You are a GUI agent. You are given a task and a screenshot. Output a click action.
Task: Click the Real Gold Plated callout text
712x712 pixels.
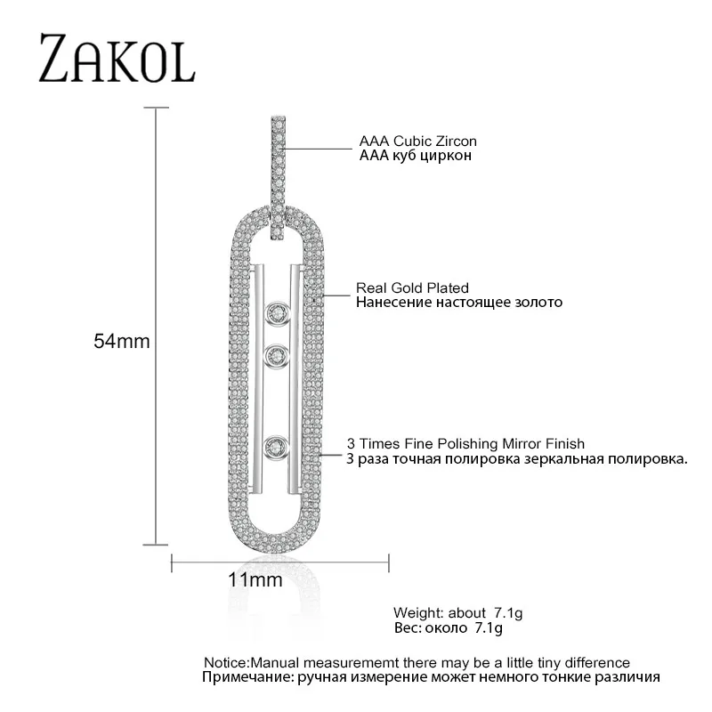(412, 287)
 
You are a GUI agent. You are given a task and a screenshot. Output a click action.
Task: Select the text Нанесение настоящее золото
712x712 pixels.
(458, 302)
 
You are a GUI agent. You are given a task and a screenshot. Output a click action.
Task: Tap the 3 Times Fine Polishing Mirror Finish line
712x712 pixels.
(465, 442)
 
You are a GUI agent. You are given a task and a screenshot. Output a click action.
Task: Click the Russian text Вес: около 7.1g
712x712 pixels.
(448, 628)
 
